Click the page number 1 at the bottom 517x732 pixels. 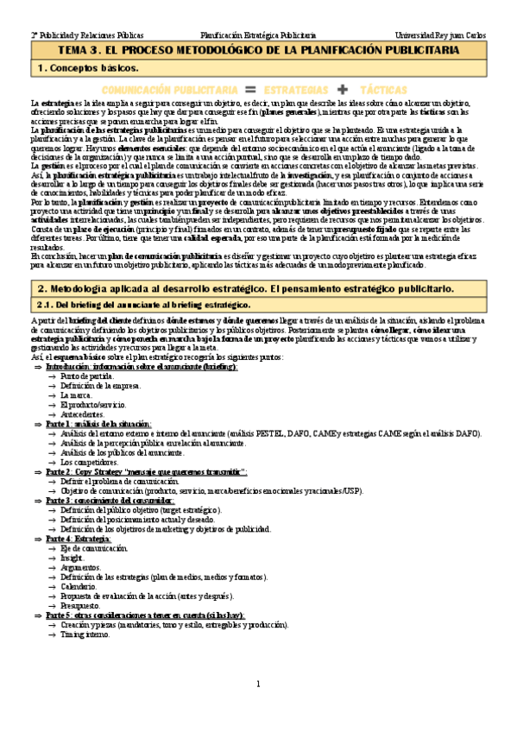258,685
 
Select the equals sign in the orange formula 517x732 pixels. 251,89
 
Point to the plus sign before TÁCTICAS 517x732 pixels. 342,89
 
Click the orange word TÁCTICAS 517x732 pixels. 384,89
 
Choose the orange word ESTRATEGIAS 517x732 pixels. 296,89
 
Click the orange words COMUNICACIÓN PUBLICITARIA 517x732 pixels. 169,89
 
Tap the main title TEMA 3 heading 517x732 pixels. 258,51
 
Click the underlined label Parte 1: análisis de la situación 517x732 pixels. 99,424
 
